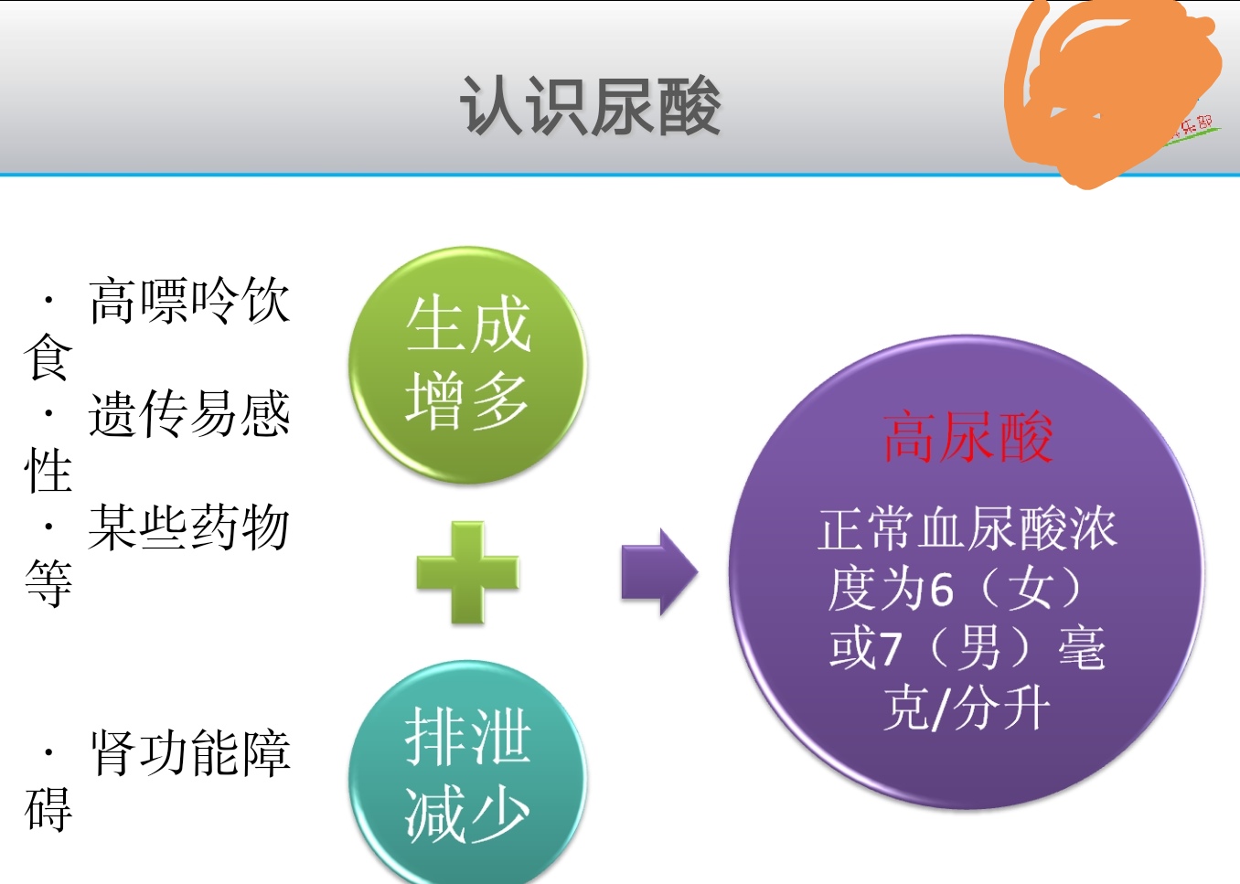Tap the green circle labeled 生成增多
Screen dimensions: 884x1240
(x=466, y=364)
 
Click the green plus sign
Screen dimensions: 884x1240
(x=467, y=573)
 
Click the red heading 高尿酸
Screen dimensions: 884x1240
(x=967, y=437)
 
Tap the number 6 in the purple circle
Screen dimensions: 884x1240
(x=941, y=589)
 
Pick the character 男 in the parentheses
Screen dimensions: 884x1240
(x=980, y=648)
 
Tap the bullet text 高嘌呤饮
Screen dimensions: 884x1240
(x=189, y=301)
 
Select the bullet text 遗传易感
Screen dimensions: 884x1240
(x=189, y=414)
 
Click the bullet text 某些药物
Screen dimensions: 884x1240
(x=189, y=527)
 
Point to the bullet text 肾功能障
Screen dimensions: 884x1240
(x=189, y=753)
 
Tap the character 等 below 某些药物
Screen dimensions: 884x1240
(x=48, y=583)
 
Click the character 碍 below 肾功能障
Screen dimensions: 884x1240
(x=48, y=810)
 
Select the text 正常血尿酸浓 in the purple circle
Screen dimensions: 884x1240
(x=967, y=529)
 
